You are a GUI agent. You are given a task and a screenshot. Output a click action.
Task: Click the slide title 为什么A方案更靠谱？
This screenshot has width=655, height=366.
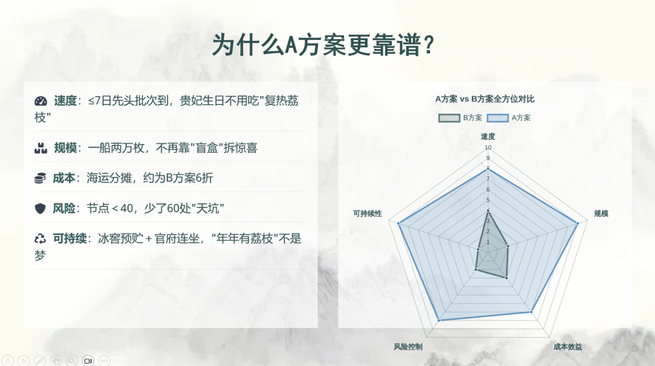pyautogui.click(x=324, y=45)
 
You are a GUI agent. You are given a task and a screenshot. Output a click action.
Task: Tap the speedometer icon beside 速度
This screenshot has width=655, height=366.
pyautogui.click(x=41, y=101)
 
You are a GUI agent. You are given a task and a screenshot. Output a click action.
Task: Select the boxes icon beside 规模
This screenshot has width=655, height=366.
pyautogui.click(x=41, y=148)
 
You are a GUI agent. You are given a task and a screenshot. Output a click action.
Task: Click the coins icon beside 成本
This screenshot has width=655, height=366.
pyautogui.click(x=40, y=178)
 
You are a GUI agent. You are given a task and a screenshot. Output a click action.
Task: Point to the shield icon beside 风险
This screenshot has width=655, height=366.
pyautogui.click(x=40, y=208)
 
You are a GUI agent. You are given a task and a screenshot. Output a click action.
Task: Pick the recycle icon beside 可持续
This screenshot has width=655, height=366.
pyautogui.click(x=40, y=239)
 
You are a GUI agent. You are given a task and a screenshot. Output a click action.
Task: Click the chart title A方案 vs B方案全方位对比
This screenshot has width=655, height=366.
pyautogui.click(x=485, y=99)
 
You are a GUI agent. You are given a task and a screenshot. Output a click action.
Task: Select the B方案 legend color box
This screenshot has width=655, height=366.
pyautogui.click(x=449, y=118)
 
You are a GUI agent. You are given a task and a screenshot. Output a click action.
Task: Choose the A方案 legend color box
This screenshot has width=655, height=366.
pyautogui.click(x=497, y=118)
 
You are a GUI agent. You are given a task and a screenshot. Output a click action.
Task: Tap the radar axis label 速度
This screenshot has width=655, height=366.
pyautogui.click(x=488, y=137)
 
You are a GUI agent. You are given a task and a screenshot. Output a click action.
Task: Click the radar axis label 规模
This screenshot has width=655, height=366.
pyautogui.click(x=601, y=214)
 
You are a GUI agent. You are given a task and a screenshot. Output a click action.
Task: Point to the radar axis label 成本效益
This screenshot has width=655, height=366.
pyautogui.click(x=568, y=347)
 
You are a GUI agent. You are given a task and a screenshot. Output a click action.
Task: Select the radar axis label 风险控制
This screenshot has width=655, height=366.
pyautogui.click(x=408, y=347)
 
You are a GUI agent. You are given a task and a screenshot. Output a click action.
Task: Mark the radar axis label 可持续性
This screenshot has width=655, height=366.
pyautogui.click(x=368, y=214)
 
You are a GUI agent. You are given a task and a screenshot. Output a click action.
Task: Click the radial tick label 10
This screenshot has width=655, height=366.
pyautogui.click(x=488, y=147)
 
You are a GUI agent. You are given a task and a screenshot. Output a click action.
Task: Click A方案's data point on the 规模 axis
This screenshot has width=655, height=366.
pyautogui.click(x=578, y=223)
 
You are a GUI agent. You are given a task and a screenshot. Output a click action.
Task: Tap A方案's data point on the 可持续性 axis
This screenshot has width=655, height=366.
pyautogui.click(x=399, y=224)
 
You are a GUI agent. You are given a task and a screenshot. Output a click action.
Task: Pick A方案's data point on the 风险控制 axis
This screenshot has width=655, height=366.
pyautogui.click(x=439, y=320)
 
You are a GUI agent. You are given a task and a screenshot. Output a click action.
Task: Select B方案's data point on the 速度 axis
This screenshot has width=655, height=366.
pyautogui.click(x=488, y=211)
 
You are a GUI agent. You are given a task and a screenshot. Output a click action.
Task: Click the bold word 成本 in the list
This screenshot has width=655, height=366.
pyautogui.click(x=64, y=178)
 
